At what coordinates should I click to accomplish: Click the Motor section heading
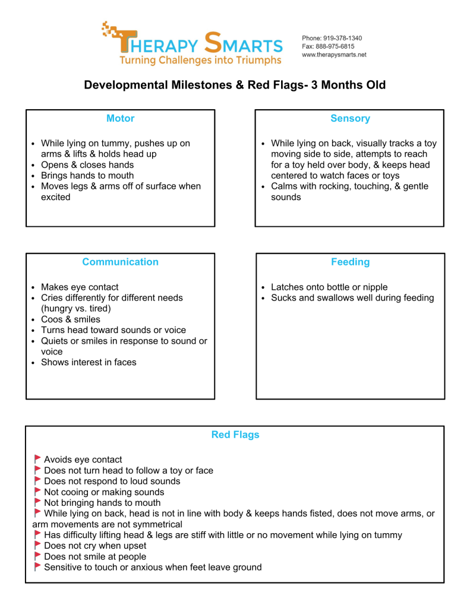120,119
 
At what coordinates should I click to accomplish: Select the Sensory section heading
350,119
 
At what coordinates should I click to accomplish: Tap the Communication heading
120,262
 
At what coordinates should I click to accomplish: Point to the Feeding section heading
350,262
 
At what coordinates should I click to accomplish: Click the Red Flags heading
235,435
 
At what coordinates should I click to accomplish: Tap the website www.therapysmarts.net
334,55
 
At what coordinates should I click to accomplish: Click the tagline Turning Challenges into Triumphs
200,61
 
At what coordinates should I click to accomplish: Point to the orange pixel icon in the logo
109,30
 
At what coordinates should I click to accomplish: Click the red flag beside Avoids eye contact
37,459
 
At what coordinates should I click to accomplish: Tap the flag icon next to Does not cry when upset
37,546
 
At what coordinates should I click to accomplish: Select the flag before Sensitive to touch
37,567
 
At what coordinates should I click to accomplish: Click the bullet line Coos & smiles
70,319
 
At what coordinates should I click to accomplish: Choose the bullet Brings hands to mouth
87,176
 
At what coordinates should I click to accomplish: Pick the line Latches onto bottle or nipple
329,287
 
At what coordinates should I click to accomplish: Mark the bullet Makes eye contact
79,287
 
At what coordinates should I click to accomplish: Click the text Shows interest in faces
88,362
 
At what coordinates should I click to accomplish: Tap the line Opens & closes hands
87,165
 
